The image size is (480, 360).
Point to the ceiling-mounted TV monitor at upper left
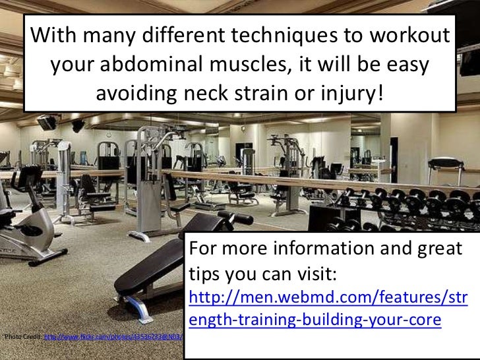46,122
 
